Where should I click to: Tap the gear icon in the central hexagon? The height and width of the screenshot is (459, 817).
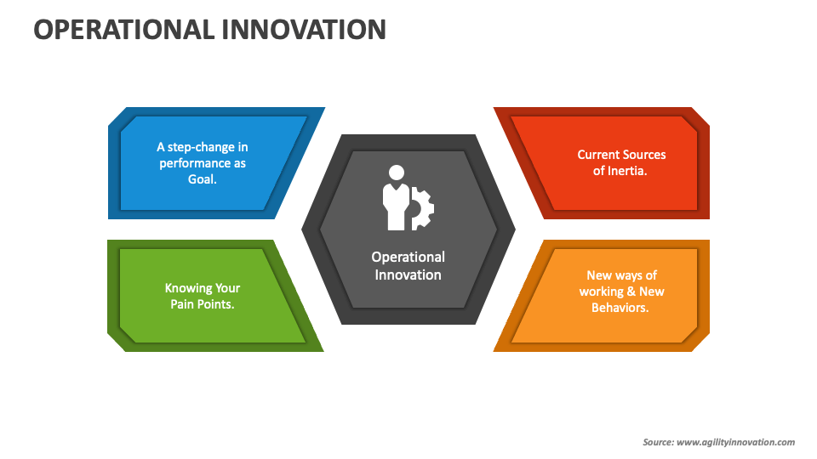pos(422,207)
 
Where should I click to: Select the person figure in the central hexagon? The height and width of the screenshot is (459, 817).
pos(395,197)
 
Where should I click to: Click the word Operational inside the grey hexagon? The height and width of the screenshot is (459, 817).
pos(408,257)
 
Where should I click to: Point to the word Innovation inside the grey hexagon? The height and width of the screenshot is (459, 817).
pos(408,275)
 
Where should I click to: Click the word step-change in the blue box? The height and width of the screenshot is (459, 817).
pos(210,147)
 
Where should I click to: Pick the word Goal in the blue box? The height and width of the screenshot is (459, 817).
pos(202,179)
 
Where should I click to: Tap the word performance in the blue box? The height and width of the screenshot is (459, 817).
pos(195,163)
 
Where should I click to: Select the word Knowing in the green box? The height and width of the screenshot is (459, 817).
pos(187,287)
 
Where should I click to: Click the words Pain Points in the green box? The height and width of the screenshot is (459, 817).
pos(203,303)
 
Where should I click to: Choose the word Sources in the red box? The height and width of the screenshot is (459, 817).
pos(644,155)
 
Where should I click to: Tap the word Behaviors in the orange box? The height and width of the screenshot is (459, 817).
pos(620,308)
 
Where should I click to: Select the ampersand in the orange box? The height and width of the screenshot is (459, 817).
pos(631,292)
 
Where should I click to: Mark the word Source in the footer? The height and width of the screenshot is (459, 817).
pos(657,442)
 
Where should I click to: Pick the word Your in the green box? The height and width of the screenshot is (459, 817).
pos(227,287)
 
